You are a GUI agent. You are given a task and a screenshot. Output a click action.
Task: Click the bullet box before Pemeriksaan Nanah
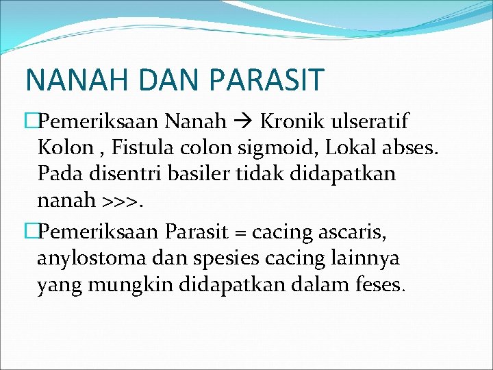30,122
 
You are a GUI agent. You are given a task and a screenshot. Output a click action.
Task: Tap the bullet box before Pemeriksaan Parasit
30,233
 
